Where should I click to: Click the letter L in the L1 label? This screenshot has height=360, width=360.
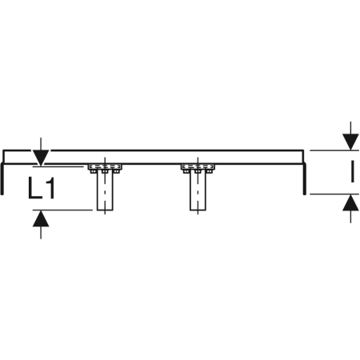[34, 188]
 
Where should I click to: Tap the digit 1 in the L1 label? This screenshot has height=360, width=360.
[50, 188]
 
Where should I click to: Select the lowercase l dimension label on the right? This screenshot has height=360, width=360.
[353, 171]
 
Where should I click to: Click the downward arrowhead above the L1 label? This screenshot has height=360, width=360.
[41, 158]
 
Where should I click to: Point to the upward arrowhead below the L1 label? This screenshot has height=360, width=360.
[41, 218]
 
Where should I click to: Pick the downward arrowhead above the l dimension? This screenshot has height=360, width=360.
[350, 142]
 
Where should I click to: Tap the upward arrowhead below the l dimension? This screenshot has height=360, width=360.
[350, 202]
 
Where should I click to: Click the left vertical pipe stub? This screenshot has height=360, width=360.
[105, 191]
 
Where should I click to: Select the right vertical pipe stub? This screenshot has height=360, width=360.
[198, 191]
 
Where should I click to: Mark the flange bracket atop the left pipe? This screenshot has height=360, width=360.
[105, 169]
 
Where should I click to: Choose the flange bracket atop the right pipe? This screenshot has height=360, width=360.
[198, 169]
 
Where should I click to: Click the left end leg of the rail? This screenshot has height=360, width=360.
[2, 178]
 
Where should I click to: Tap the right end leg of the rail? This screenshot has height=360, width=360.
[305, 178]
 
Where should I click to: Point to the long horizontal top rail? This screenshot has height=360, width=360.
[153, 157]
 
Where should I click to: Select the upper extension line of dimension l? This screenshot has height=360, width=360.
[334, 150]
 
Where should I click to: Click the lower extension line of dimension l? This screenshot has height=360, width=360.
[334, 194]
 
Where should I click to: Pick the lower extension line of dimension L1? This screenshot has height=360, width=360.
[62, 210]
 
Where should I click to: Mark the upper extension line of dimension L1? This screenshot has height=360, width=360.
[58, 166]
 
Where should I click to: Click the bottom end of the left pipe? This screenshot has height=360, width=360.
[105, 210]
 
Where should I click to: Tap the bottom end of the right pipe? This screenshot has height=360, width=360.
[198, 210]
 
